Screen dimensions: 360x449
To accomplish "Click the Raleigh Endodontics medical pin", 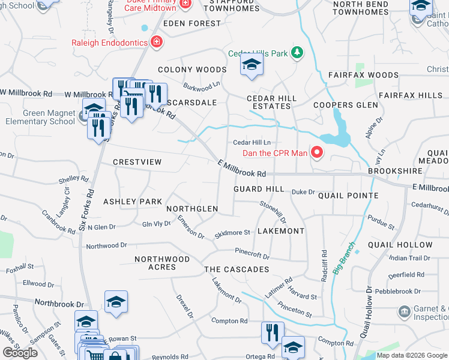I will click(x=157, y=41).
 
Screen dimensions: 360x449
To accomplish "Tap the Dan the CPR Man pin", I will click(x=317, y=153).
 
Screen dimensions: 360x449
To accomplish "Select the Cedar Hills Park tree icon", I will click(x=296, y=53).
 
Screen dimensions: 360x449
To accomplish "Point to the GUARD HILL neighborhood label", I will click(x=259, y=189).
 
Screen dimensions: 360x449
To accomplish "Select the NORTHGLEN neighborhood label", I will click(x=192, y=209).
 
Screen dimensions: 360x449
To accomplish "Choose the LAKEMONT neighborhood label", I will click(x=280, y=231).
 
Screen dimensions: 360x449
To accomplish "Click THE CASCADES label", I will click(x=237, y=269).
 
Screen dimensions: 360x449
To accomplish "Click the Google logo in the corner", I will click(x=20, y=353).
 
